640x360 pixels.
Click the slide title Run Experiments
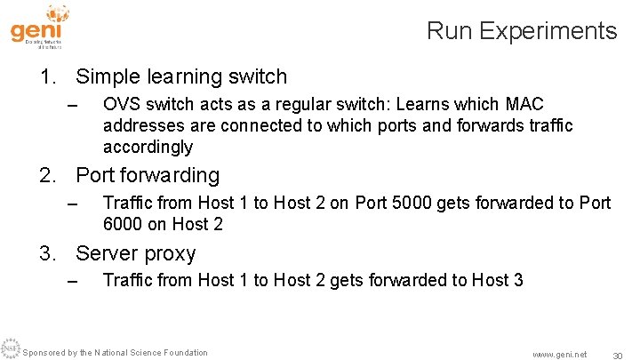pos(521,31)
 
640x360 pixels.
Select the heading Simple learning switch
pos(181,77)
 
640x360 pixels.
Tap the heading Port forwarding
pos(148,175)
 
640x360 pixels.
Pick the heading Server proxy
pos(136,253)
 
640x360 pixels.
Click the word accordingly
pos(148,147)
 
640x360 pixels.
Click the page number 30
pos(617,355)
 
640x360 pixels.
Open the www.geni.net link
pos(559,354)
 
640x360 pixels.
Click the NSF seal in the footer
pos(10,348)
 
